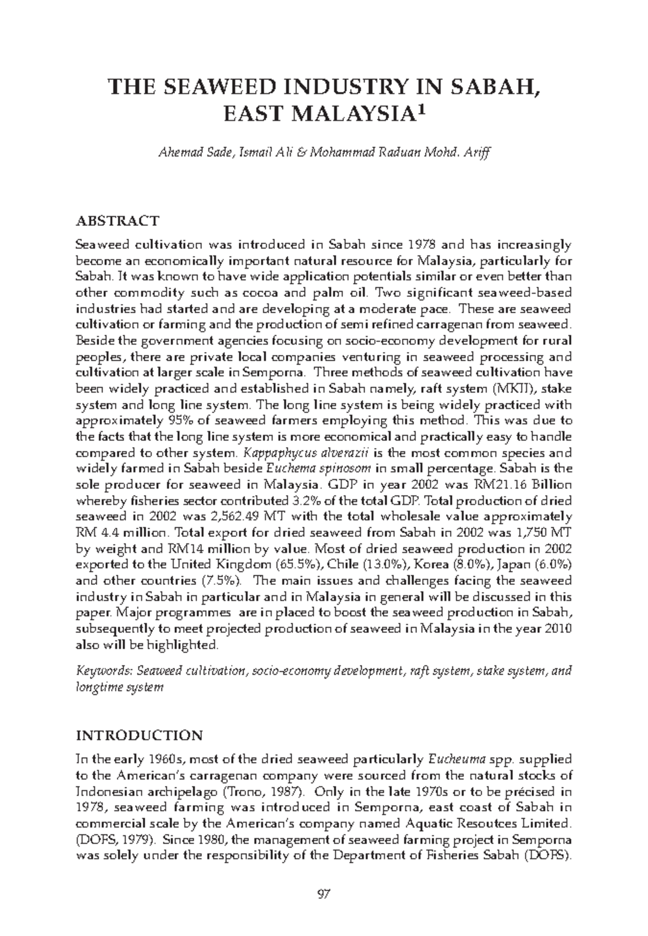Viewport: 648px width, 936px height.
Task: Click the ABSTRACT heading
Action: [x=118, y=221]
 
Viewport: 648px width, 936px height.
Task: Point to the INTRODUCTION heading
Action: [x=140, y=735]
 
